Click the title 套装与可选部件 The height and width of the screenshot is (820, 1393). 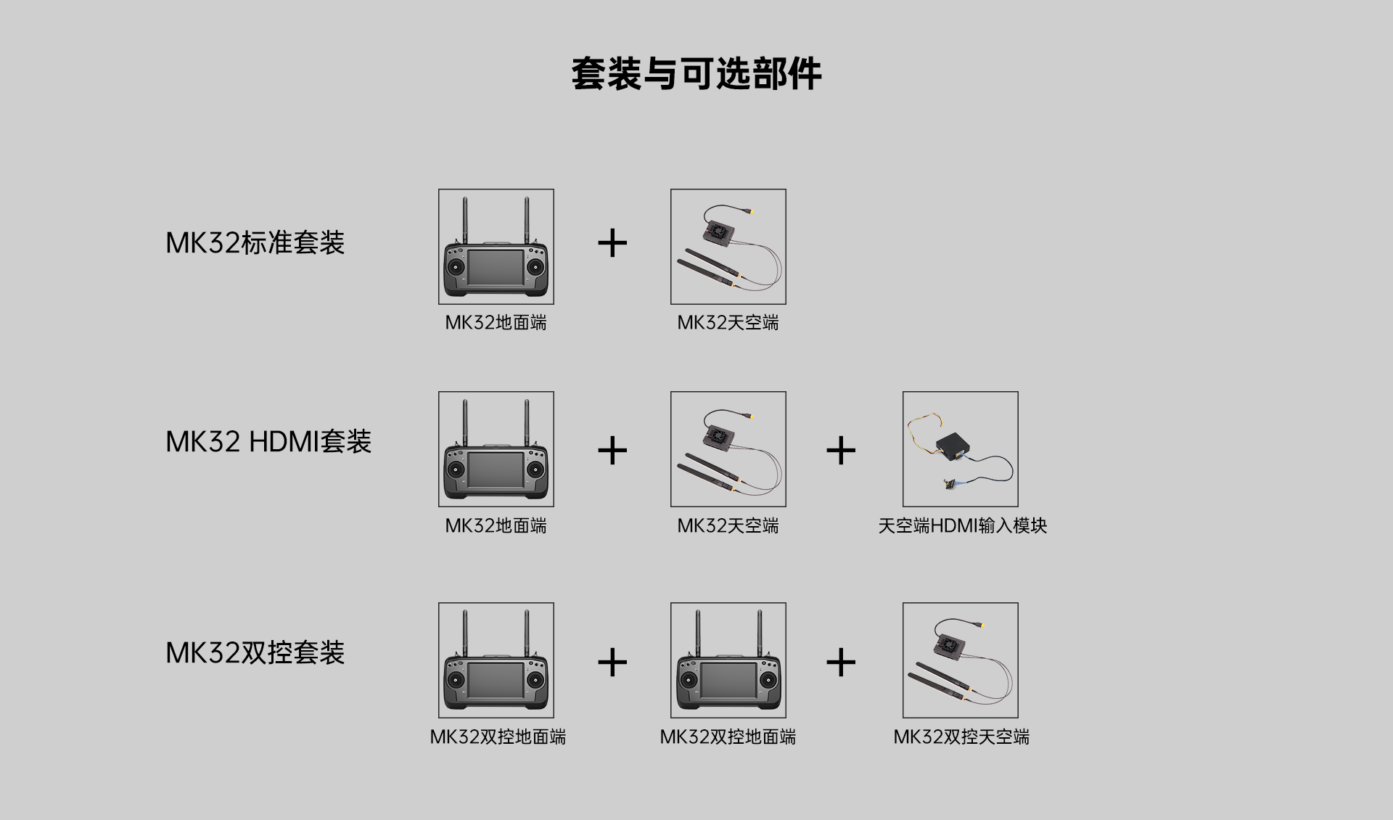coord(696,74)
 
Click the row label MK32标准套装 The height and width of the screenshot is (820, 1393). coord(255,243)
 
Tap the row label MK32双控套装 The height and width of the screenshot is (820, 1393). coord(255,653)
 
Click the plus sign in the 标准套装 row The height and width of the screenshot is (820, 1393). coord(612,243)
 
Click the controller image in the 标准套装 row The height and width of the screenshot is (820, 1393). coord(496,247)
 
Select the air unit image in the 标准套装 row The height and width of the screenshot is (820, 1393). coord(728,247)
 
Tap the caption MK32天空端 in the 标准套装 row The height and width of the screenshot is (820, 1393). coord(728,323)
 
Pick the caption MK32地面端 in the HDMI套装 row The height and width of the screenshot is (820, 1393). coord(496,526)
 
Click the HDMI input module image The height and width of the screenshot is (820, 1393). coord(960,449)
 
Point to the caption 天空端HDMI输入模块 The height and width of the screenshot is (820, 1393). coord(962,526)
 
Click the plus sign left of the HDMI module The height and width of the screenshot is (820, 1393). coord(841,451)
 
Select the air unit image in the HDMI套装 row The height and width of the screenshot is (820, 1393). coord(728,449)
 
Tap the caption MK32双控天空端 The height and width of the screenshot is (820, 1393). coord(961,737)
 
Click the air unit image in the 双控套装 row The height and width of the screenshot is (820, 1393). coord(960,660)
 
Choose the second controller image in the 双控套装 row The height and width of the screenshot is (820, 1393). coord(728,660)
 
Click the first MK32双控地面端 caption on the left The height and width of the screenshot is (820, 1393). coord(498,737)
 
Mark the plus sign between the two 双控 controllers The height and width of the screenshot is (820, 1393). coord(612,662)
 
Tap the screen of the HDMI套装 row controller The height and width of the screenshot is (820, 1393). coord(495,470)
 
